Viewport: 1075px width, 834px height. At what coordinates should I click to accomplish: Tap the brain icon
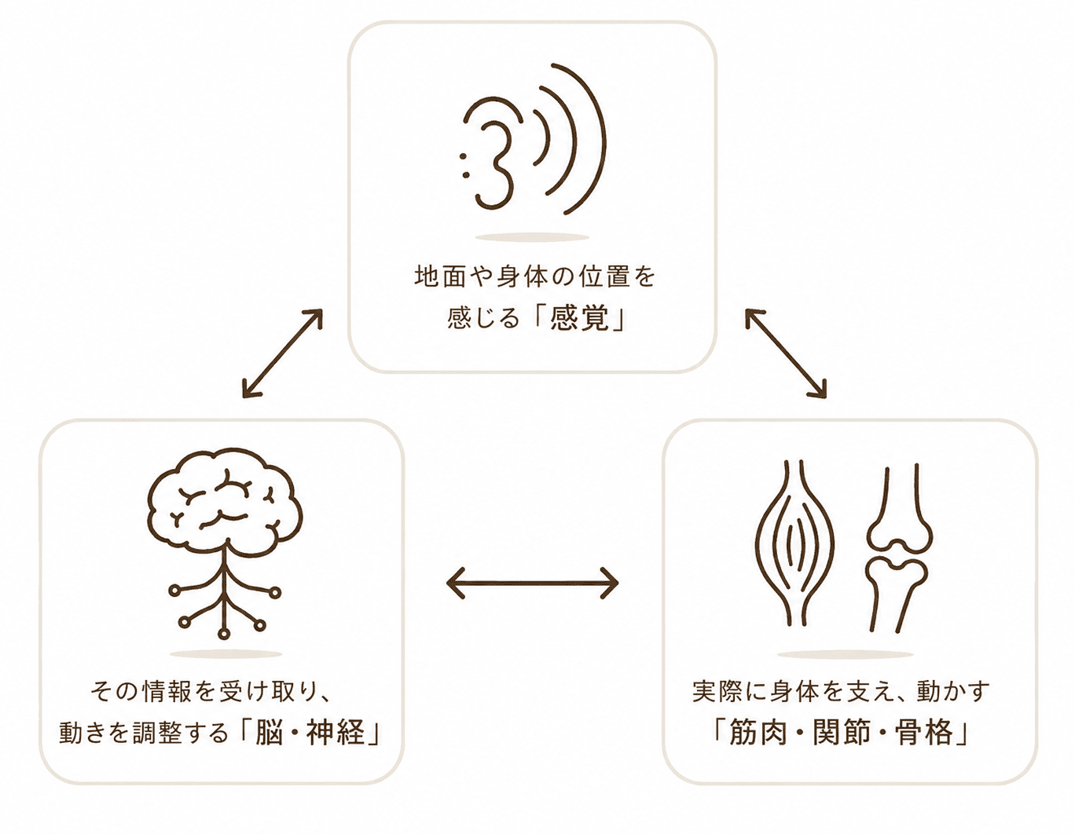tap(224, 499)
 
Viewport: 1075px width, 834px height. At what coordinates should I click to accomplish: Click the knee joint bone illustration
tap(898, 549)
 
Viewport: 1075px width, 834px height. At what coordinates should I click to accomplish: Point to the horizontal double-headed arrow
tap(532, 583)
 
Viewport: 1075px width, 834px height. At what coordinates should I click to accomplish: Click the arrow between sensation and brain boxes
tap(282, 353)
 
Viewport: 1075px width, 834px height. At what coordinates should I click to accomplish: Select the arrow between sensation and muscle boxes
tap(786, 353)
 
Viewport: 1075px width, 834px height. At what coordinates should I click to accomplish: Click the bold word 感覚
tap(579, 318)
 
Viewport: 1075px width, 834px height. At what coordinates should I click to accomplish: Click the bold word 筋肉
tap(758, 732)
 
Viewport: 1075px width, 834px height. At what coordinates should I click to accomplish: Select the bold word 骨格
tap(925, 732)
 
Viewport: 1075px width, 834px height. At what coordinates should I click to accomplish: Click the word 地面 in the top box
tap(440, 276)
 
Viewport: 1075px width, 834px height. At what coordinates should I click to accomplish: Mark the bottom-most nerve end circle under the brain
tap(225, 633)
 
